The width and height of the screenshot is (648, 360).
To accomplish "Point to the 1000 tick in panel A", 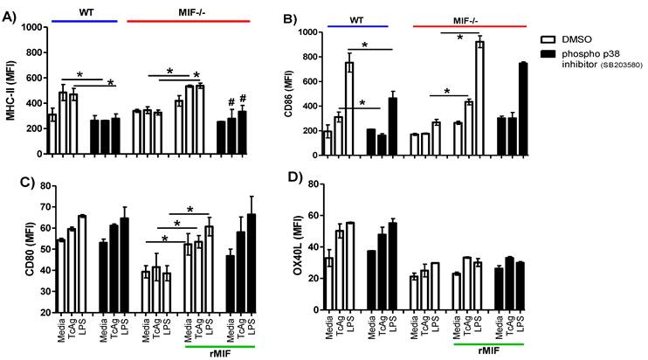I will coord(31,27).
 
